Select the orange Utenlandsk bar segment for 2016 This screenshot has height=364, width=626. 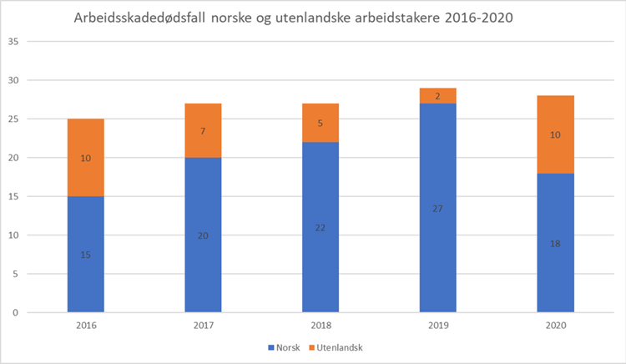click(x=85, y=157)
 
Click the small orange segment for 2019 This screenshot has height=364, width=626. click(x=437, y=96)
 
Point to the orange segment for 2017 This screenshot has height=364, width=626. click(x=203, y=130)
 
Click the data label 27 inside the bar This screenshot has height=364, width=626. click(x=437, y=208)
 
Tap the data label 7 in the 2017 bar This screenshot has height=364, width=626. click(x=203, y=131)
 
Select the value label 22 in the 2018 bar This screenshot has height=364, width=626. click(x=321, y=227)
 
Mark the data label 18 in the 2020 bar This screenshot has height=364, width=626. click(x=555, y=243)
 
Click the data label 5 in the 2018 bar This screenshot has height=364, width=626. click(x=321, y=123)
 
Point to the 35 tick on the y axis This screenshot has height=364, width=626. click(x=13, y=42)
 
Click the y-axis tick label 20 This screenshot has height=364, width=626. click(x=13, y=158)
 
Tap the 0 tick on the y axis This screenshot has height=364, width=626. click(x=16, y=312)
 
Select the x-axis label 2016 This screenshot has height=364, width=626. click(x=85, y=326)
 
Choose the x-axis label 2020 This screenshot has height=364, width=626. click(x=555, y=326)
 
